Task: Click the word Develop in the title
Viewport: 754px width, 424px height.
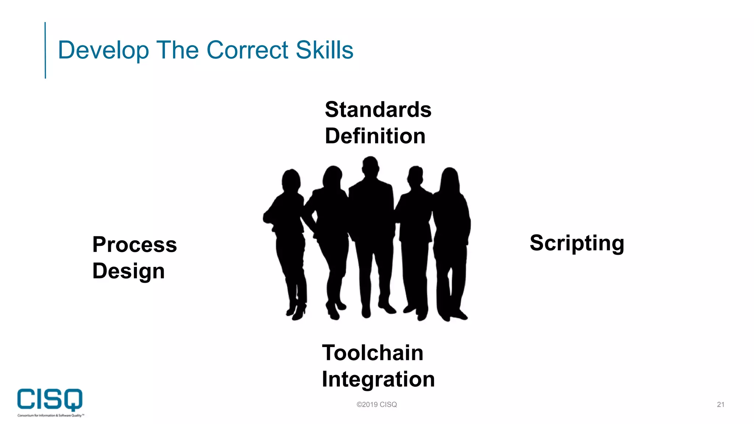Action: (x=103, y=50)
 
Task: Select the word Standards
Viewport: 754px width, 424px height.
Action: (x=378, y=110)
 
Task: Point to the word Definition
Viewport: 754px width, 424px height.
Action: (x=375, y=136)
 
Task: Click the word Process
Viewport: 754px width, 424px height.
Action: (x=135, y=245)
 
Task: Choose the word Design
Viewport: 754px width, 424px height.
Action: (x=128, y=272)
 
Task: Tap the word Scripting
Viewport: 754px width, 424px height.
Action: (x=577, y=243)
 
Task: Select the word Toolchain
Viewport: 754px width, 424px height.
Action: (x=373, y=353)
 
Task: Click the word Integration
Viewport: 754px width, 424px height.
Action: (x=378, y=379)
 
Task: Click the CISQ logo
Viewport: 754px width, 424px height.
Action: (x=50, y=401)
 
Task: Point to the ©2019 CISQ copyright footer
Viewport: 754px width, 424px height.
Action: (x=377, y=404)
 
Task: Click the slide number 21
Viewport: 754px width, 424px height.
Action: (x=720, y=404)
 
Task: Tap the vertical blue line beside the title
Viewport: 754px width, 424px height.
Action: (x=45, y=50)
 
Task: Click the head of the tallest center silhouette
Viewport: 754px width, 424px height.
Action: (x=370, y=166)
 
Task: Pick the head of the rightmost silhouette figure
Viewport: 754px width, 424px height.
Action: (x=450, y=179)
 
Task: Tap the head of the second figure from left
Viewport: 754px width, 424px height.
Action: (x=332, y=177)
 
